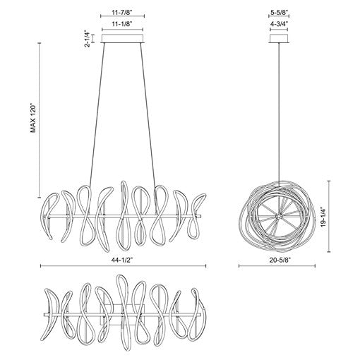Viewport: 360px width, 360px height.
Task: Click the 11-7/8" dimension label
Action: pyautogui.click(x=122, y=13)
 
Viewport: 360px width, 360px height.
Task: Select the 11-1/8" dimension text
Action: pyautogui.click(x=122, y=24)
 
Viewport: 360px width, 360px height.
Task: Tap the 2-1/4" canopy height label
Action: pyautogui.click(x=88, y=39)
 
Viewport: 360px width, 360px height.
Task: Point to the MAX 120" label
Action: pyautogui.click(x=33, y=118)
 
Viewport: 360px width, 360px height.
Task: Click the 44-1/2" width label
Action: pyautogui.click(x=122, y=260)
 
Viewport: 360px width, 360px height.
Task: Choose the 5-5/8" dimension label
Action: pyautogui.click(x=279, y=13)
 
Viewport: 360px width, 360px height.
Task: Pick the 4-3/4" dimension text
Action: pyautogui.click(x=279, y=24)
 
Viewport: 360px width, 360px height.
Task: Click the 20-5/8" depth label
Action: pyautogui.click(x=277, y=260)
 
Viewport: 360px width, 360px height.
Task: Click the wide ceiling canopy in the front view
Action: pyautogui.click(x=122, y=39)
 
